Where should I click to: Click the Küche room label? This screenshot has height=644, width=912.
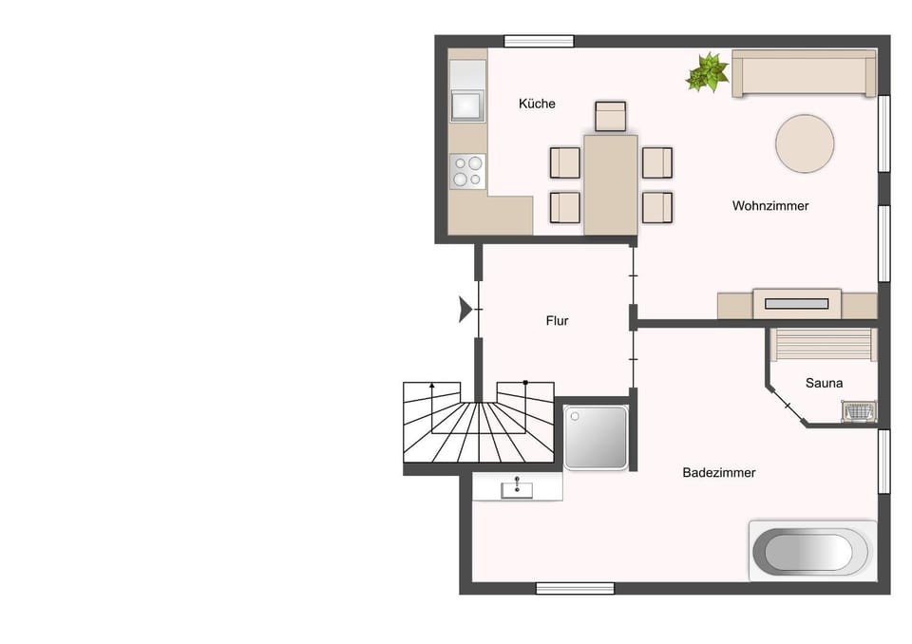pos(537,104)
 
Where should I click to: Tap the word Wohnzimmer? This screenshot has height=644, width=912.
pos(770,205)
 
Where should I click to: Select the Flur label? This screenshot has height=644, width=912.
pos(558,321)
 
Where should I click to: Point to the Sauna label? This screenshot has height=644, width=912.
pos(825,383)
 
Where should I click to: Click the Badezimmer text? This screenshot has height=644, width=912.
pos(719,472)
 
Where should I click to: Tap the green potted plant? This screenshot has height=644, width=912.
pos(708,72)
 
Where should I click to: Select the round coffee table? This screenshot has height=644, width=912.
pos(805,144)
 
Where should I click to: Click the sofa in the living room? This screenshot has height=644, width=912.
pos(804,74)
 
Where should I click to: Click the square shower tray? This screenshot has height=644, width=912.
pos(596,438)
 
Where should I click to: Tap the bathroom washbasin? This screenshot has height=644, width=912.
pos(518,488)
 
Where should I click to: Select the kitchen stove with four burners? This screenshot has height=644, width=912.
pos(467,171)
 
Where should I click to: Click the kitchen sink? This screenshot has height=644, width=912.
pos(467,104)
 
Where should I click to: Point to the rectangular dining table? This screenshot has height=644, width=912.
pos(610,184)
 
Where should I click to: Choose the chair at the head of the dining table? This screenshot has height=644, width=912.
pos(610,116)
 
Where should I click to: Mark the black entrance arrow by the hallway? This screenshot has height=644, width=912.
pos(465,310)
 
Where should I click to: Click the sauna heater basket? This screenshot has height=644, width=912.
pos(858,411)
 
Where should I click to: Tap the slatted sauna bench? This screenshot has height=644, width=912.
pos(824,344)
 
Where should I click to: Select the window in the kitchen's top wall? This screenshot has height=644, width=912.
pos(539,41)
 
